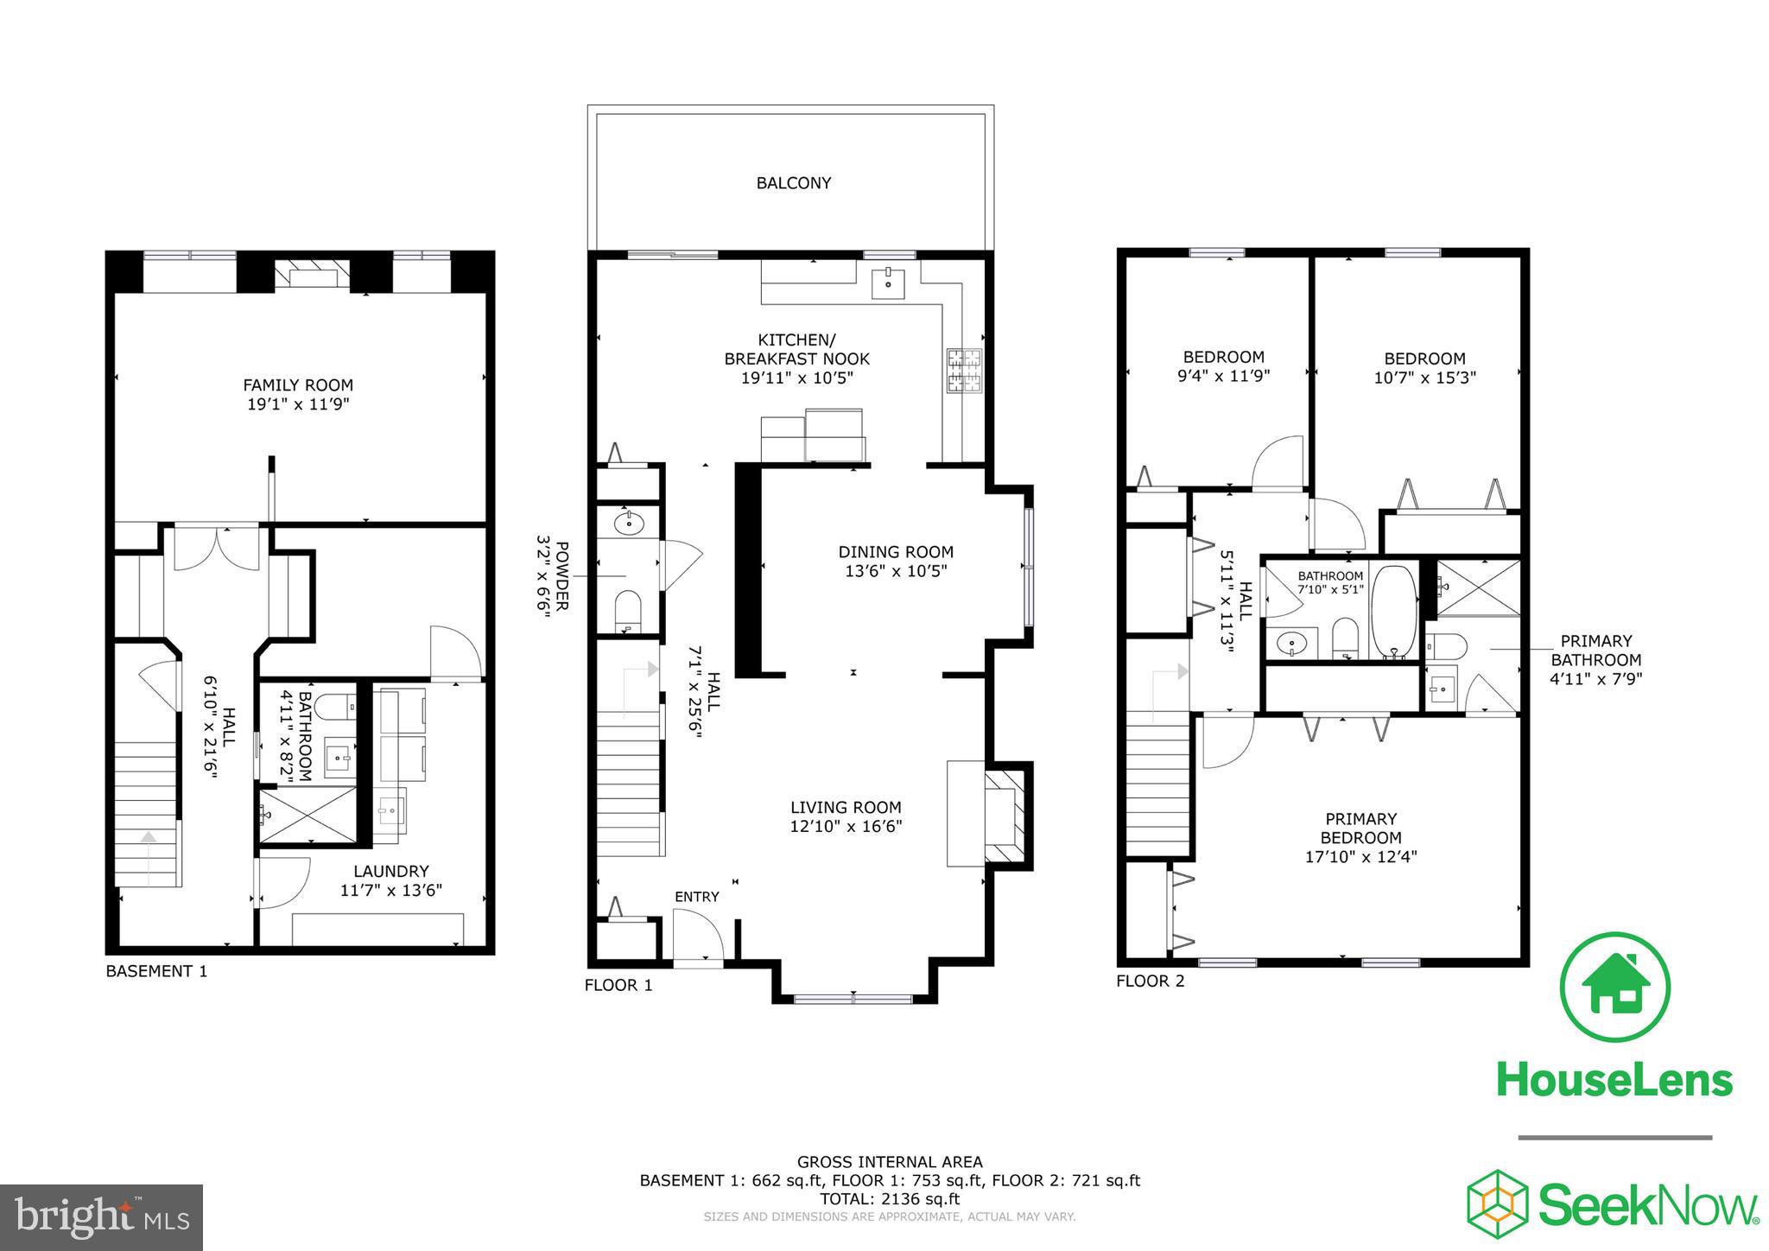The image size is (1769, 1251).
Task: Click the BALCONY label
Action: coord(793,183)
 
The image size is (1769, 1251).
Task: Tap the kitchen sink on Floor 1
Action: coord(887,282)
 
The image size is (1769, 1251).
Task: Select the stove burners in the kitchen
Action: coord(961,371)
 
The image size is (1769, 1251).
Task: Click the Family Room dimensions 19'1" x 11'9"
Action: coord(297,403)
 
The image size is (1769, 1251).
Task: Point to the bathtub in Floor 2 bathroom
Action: coord(1392,612)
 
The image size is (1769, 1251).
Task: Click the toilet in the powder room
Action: coord(627,610)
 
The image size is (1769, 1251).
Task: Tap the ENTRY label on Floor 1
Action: coord(696,897)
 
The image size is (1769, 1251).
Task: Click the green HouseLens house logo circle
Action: coord(1614,987)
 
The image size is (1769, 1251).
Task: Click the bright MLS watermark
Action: coord(102,1218)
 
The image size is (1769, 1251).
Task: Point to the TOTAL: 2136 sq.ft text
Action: coord(889,1198)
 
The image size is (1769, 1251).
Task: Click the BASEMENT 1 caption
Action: coord(156,971)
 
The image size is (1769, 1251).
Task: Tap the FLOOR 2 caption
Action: coord(1150,981)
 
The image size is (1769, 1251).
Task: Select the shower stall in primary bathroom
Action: coord(1478,587)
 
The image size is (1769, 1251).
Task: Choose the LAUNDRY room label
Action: coord(390,871)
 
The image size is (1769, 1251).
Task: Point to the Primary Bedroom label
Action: coord(1360,828)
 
